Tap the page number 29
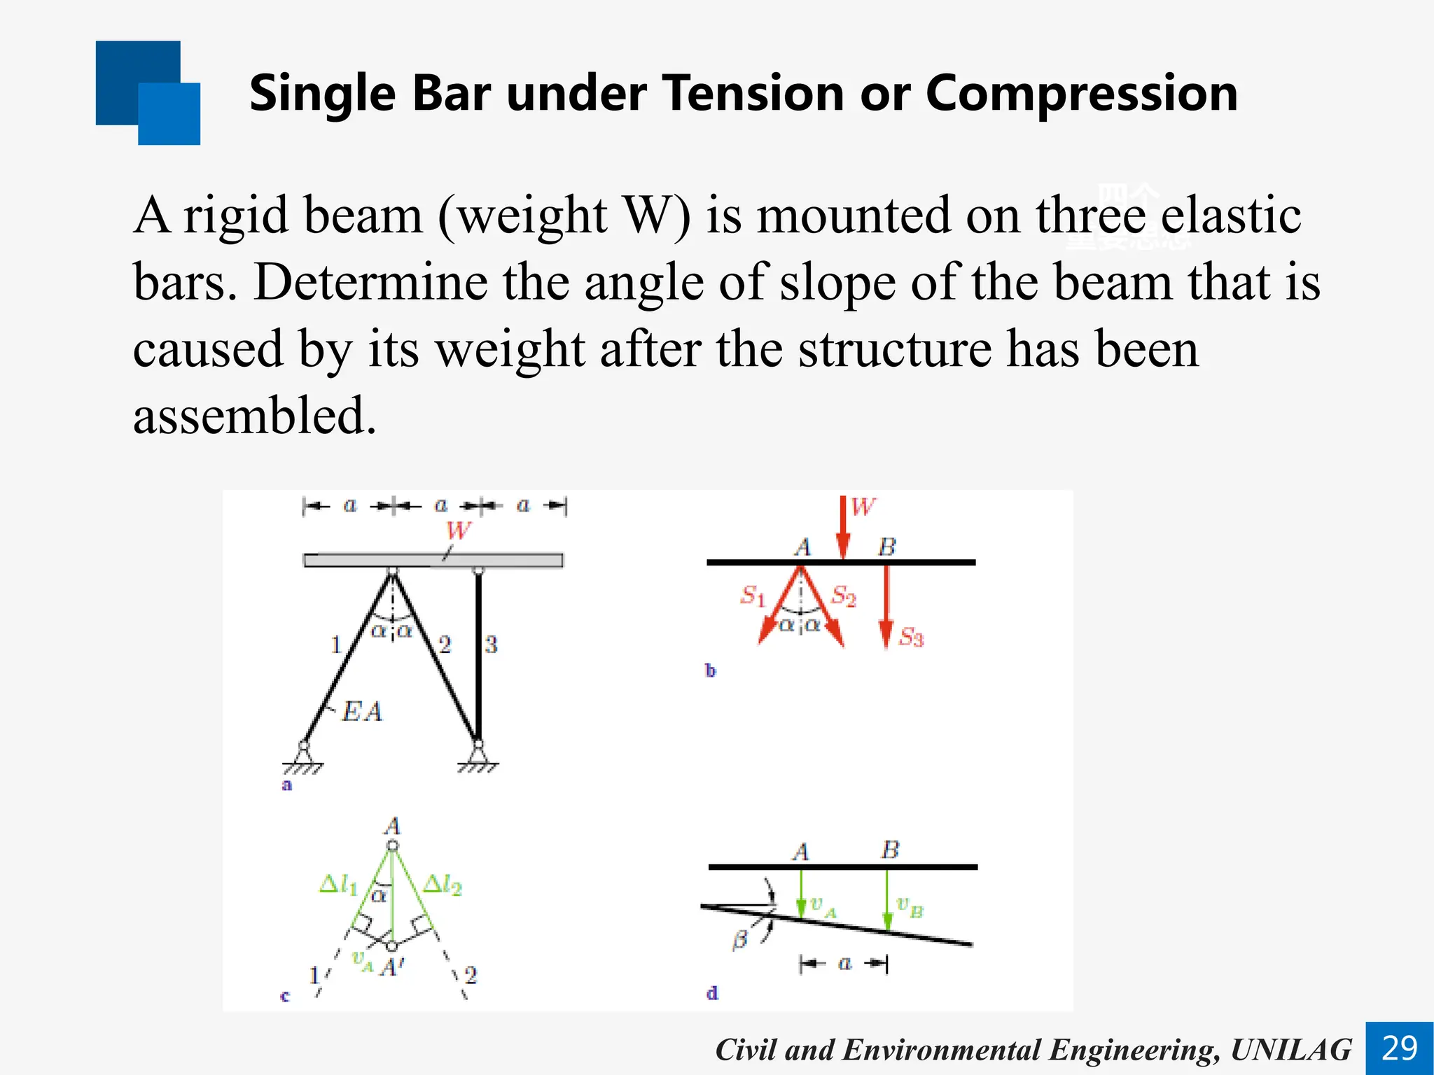click(1400, 1048)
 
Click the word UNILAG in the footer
click(1290, 1050)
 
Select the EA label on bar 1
click(362, 712)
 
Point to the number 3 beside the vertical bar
click(491, 645)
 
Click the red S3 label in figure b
click(911, 637)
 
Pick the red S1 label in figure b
click(753, 596)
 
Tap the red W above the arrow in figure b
click(863, 507)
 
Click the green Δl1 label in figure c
click(338, 885)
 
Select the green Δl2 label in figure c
click(443, 885)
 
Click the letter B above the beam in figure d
click(889, 850)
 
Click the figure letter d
click(712, 993)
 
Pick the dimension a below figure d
click(844, 964)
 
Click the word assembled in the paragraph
click(255, 416)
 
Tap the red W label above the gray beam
click(458, 531)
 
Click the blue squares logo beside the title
click(148, 93)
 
